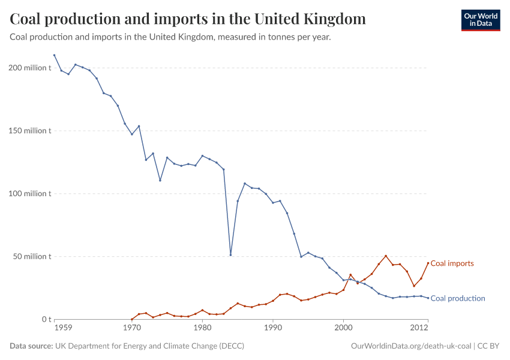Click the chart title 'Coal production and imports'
point(188,19)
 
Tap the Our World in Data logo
point(480,20)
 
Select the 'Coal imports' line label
point(452,263)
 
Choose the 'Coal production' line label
point(458,298)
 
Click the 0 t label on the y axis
point(46,319)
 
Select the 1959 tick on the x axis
point(63,329)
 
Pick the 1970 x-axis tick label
point(131,329)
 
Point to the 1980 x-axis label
point(202,329)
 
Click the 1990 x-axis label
point(273,329)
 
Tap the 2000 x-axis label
point(343,329)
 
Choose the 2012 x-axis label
point(419,329)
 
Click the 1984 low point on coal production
point(230,255)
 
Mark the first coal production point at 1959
point(54,55)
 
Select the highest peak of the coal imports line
point(386,256)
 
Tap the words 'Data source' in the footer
point(31,346)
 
